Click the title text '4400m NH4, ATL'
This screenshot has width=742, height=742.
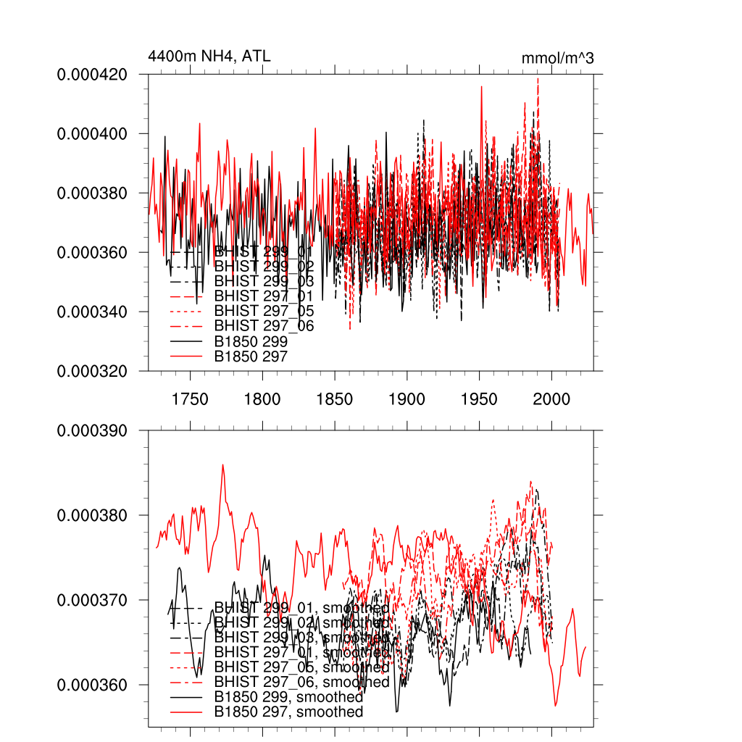(209, 56)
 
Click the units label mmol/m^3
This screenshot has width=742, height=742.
(557, 58)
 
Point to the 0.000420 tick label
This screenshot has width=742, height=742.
(92, 75)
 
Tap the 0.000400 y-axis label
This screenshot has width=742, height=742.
(92, 134)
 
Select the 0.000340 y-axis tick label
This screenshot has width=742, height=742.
(92, 312)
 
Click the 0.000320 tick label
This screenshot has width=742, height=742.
(92, 371)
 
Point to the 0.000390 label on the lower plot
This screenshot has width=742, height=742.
(92, 430)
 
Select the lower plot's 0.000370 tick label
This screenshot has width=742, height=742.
(92, 600)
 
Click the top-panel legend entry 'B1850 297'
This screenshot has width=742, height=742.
(251, 357)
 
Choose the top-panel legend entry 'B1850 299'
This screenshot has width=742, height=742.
(251, 341)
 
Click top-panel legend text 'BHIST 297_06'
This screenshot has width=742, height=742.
(264, 326)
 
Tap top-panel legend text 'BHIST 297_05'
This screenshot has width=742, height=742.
(264, 311)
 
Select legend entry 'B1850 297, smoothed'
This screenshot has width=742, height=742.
(288, 712)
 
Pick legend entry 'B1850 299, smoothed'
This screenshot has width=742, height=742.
(288, 697)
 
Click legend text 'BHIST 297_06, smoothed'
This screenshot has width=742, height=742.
(302, 682)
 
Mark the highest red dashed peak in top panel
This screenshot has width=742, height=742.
(538, 78)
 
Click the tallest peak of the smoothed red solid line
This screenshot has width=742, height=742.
(222, 464)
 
